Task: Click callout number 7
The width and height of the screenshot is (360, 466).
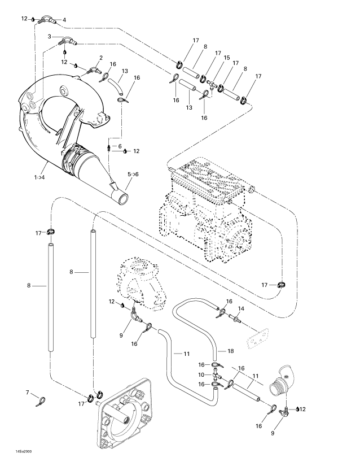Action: [27, 392]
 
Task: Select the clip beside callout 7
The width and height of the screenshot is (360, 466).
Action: [39, 402]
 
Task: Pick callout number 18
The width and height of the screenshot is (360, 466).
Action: [230, 351]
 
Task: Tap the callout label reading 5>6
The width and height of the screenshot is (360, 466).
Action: [133, 175]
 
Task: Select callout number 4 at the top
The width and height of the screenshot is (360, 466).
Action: [64, 20]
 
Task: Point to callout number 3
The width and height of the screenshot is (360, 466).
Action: [49, 36]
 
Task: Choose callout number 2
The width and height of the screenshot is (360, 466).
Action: [100, 58]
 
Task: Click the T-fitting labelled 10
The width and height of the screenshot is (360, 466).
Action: [217, 375]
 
